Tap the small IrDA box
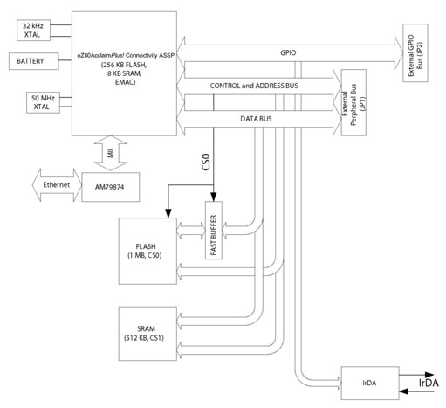[x=367, y=382]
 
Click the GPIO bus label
[x=287, y=52]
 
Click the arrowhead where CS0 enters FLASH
[x=168, y=215]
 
